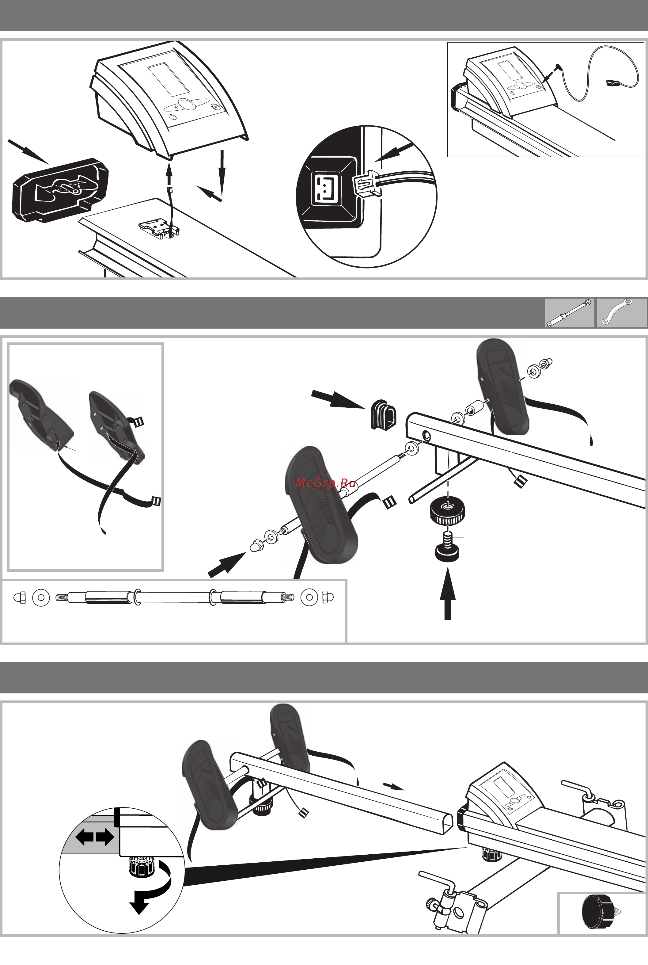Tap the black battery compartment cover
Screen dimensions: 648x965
click(x=60, y=190)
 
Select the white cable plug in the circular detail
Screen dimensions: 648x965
click(x=367, y=183)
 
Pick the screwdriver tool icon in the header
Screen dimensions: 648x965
click(x=569, y=313)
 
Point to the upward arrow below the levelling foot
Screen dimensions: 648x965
click(x=448, y=594)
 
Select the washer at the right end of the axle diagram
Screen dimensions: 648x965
click(x=309, y=597)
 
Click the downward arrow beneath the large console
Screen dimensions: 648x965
click(x=222, y=173)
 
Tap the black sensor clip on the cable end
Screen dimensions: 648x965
click(x=612, y=83)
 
